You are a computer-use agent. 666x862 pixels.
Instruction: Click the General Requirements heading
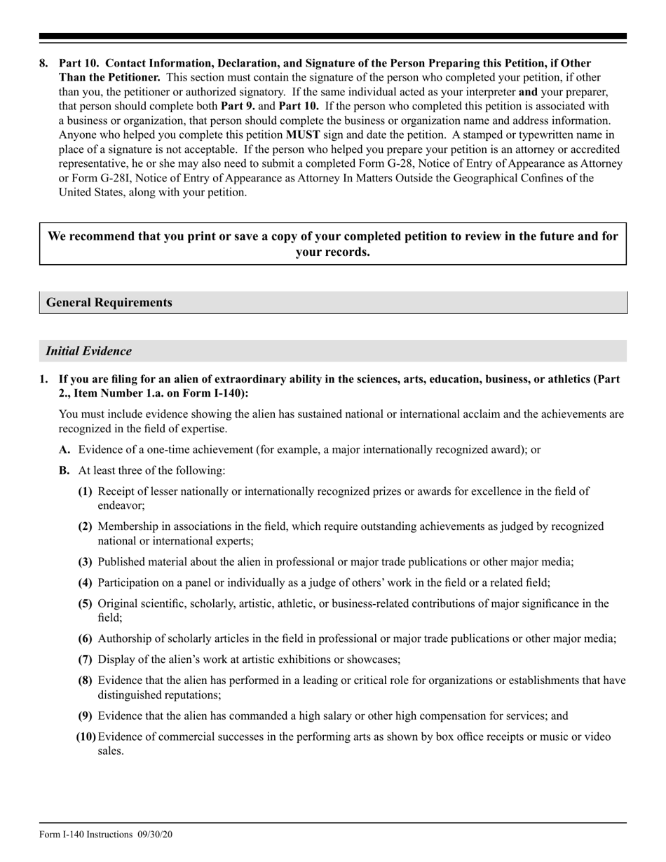(109, 303)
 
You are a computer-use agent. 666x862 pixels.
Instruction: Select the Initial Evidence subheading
(88, 351)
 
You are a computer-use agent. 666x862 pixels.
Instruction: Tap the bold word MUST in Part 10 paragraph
(304, 135)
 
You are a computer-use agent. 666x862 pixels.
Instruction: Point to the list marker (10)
(86, 737)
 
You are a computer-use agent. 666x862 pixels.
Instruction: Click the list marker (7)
(85, 659)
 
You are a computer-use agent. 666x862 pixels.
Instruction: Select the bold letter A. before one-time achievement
(65, 449)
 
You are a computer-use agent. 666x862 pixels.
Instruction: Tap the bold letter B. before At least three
(64, 470)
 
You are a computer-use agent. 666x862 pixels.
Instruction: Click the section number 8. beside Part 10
(43, 63)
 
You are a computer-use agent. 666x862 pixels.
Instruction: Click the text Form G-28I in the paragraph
(100, 178)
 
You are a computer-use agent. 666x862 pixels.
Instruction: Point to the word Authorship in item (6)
(124, 638)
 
